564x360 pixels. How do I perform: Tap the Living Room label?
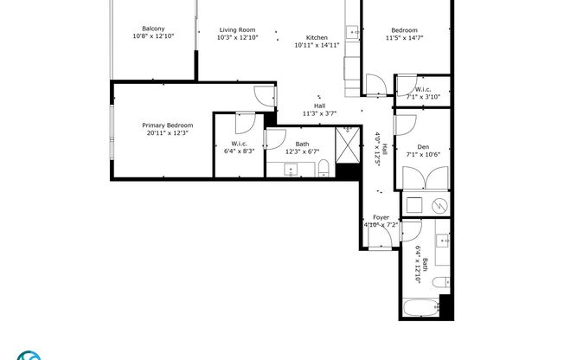click(x=236, y=29)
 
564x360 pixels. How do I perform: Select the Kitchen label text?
click(x=317, y=38)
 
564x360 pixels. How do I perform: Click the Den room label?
click(x=423, y=147)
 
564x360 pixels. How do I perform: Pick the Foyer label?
click(x=381, y=217)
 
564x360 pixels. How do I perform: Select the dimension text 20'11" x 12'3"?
click(x=168, y=133)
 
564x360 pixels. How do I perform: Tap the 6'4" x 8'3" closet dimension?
click(x=240, y=151)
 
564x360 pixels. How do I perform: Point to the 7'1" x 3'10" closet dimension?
click(x=423, y=97)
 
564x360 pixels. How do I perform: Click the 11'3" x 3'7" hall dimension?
click(x=319, y=113)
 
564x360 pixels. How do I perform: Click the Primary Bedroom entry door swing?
click(x=262, y=98)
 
